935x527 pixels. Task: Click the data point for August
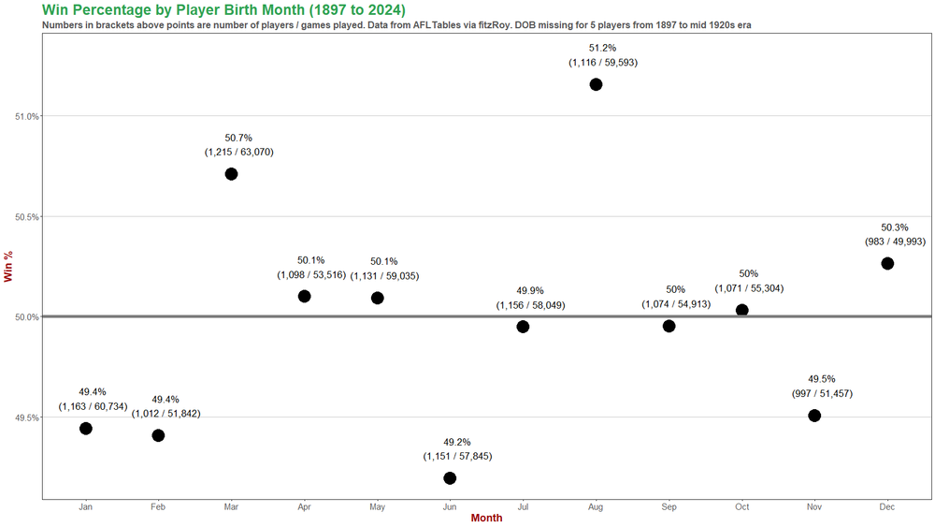pyautogui.click(x=596, y=84)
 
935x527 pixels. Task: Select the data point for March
pyautogui.click(x=231, y=174)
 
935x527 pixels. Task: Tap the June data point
pyautogui.click(x=450, y=478)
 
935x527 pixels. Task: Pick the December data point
pyautogui.click(x=887, y=263)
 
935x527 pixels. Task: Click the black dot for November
pyautogui.click(x=814, y=416)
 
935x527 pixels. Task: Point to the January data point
pyautogui.click(x=86, y=429)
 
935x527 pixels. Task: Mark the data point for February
pyautogui.click(x=158, y=435)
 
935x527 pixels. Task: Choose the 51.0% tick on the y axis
pyautogui.click(x=27, y=116)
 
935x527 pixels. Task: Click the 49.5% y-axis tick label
pyautogui.click(x=27, y=417)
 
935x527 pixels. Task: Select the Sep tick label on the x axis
pyautogui.click(x=669, y=507)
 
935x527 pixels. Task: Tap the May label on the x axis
pyautogui.click(x=377, y=507)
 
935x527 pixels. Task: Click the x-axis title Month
pyautogui.click(x=486, y=519)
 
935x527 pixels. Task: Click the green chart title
pyautogui.click(x=223, y=9)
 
